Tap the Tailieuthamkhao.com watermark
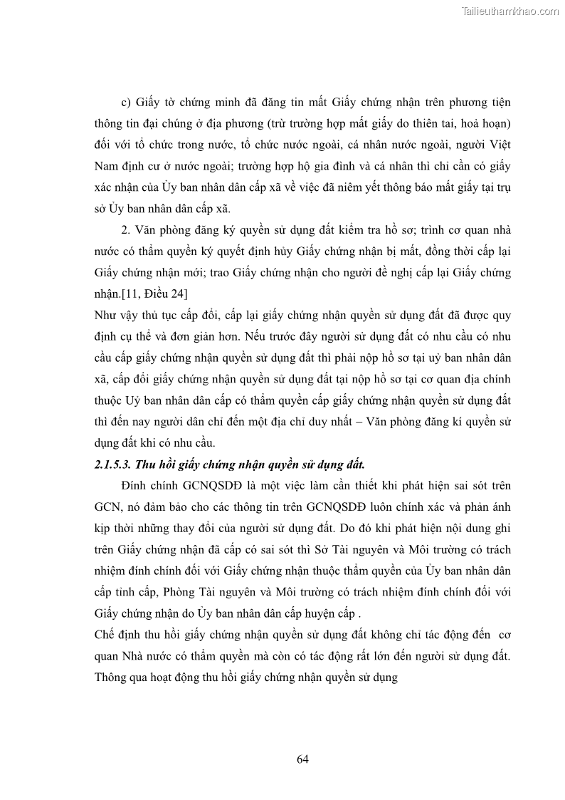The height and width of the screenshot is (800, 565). click(510, 11)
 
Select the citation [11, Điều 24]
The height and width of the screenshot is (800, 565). click(152, 294)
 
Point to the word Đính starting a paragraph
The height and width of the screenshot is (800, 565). click(137, 487)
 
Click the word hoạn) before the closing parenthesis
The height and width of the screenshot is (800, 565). click(492, 123)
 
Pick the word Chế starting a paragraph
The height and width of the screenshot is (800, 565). click(104, 636)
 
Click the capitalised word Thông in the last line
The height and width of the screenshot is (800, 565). click(110, 679)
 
